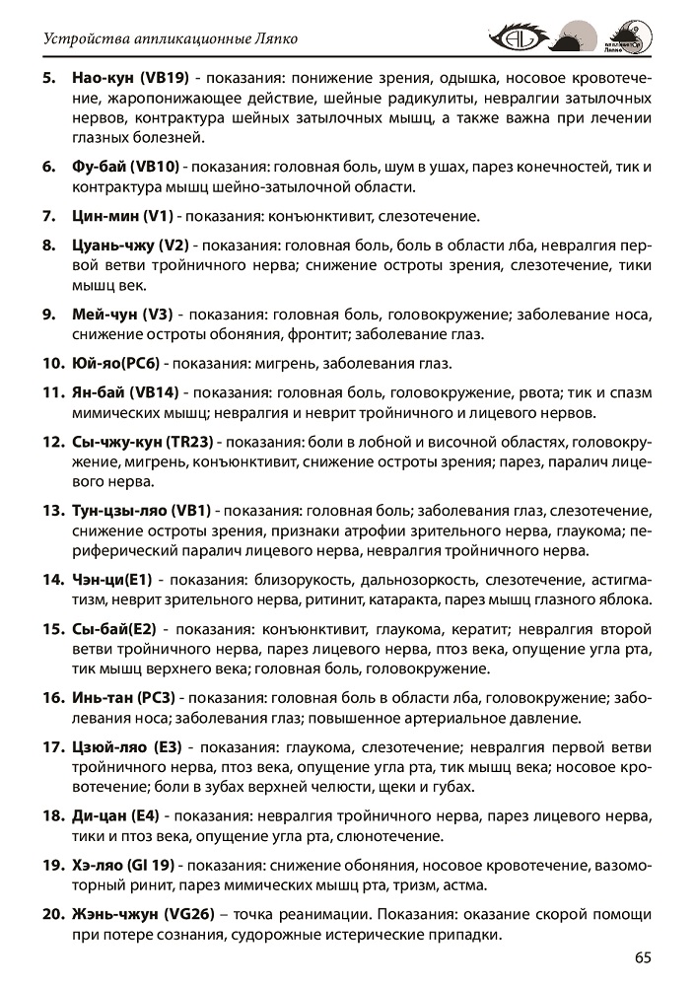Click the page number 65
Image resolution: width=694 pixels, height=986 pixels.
(643, 956)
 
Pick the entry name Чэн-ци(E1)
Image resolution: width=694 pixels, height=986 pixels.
(111, 579)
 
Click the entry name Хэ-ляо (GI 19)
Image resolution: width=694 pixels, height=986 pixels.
(123, 865)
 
